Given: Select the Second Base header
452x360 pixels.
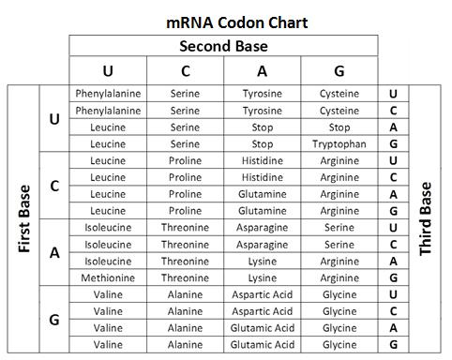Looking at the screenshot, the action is pyautogui.click(x=223, y=46).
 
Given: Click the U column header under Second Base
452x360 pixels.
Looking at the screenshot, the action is pyautogui.click(x=108, y=71).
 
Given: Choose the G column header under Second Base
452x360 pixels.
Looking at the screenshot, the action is pyautogui.click(x=339, y=71).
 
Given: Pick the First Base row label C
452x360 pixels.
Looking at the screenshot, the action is pyautogui.click(x=54, y=186).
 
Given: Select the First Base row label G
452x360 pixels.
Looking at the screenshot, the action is pyautogui.click(x=54, y=320).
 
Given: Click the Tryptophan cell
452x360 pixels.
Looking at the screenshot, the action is pyautogui.click(x=339, y=144).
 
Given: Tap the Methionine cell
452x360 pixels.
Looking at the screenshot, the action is pyautogui.click(x=108, y=278).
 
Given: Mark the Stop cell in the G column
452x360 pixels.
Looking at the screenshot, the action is pyautogui.click(x=339, y=127).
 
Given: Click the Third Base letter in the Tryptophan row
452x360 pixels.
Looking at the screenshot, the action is pyautogui.click(x=393, y=144).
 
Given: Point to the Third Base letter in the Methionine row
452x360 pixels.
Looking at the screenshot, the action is pyautogui.click(x=393, y=278).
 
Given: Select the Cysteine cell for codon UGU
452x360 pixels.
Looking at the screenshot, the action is pyautogui.click(x=339, y=94).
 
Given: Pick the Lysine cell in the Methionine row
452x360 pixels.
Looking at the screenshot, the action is pyautogui.click(x=263, y=278).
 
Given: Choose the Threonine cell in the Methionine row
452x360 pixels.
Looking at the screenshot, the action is pyautogui.click(x=186, y=278).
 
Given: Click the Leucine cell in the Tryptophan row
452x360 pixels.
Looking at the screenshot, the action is pyautogui.click(x=108, y=144).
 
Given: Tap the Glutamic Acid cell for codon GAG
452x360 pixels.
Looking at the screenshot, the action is pyautogui.click(x=263, y=345).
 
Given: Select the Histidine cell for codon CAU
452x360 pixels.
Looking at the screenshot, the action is pyautogui.click(x=263, y=161).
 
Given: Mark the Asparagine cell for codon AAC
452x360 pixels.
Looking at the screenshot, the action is pyautogui.click(x=263, y=245).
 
